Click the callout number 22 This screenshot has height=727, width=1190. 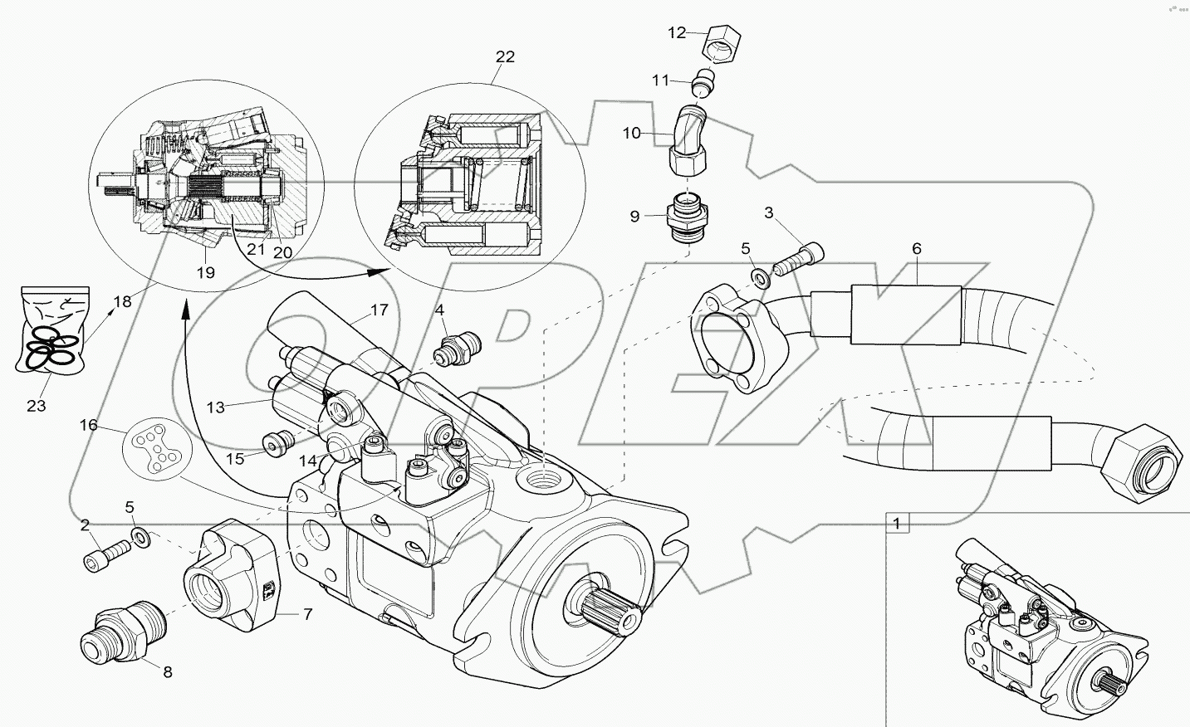[x=505, y=56]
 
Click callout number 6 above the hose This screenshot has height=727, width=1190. [x=916, y=248]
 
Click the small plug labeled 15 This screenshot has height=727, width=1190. [x=273, y=444]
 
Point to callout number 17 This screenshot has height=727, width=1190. [x=379, y=310]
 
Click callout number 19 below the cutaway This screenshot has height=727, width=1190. [x=205, y=272]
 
